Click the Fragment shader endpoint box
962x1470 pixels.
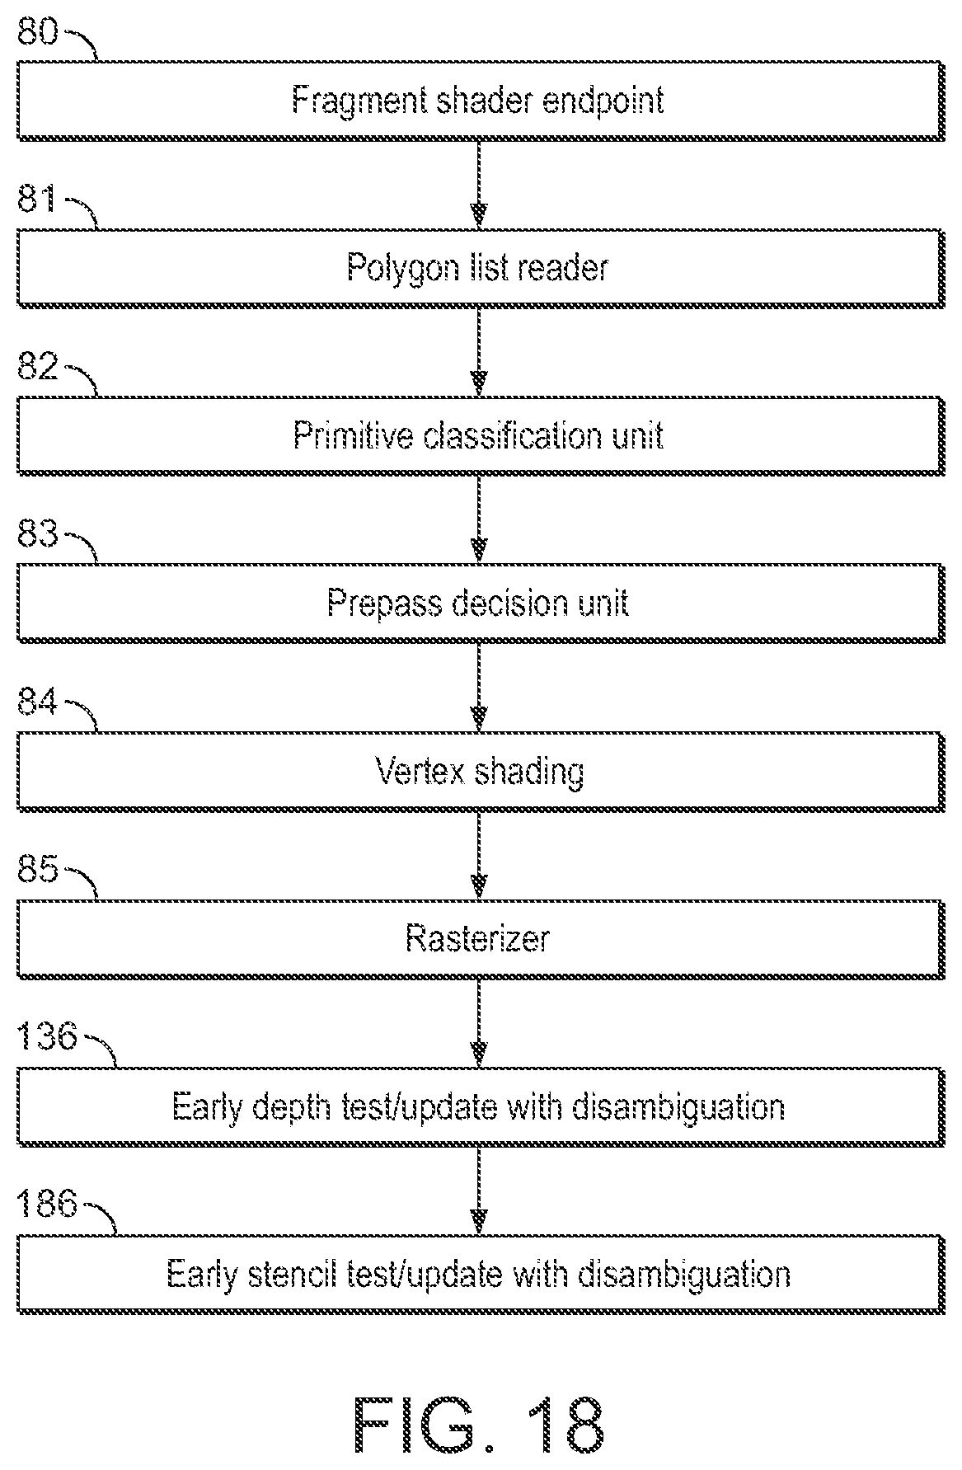(x=481, y=101)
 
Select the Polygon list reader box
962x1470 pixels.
(x=481, y=268)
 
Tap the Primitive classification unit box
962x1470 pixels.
(x=481, y=435)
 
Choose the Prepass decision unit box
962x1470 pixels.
(x=481, y=603)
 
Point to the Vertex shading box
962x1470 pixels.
(x=481, y=772)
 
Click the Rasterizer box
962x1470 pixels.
(x=481, y=939)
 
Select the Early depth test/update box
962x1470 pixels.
(x=481, y=1106)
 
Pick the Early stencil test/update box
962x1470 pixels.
(x=481, y=1275)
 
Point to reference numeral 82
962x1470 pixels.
(x=38, y=367)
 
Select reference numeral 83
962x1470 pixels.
(x=38, y=535)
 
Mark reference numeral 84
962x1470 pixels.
(x=38, y=703)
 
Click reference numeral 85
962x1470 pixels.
(x=38, y=871)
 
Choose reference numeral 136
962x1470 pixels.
(x=47, y=1036)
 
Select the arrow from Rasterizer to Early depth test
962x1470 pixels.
(x=478, y=1023)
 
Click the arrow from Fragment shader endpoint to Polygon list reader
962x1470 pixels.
(x=478, y=184)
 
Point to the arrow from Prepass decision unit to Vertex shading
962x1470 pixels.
(x=478, y=688)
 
